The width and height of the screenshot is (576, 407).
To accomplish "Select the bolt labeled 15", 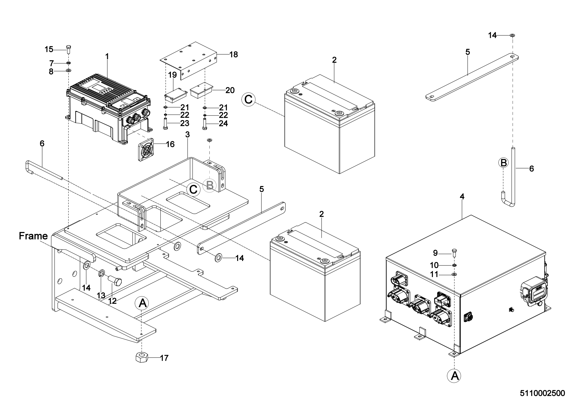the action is (x=68, y=49).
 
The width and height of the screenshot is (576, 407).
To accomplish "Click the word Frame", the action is (x=33, y=236).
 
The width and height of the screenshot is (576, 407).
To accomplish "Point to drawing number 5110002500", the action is (x=542, y=393).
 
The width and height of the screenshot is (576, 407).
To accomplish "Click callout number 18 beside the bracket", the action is (x=233, y=54).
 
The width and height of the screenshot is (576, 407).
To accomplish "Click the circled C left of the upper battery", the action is (x=248, y=99).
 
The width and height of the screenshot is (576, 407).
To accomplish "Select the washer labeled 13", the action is (x=102, y=273).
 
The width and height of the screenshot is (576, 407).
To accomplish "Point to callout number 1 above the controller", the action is (x=107, y=56).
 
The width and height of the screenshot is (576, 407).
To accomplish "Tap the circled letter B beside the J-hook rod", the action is (x=503, y=163).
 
